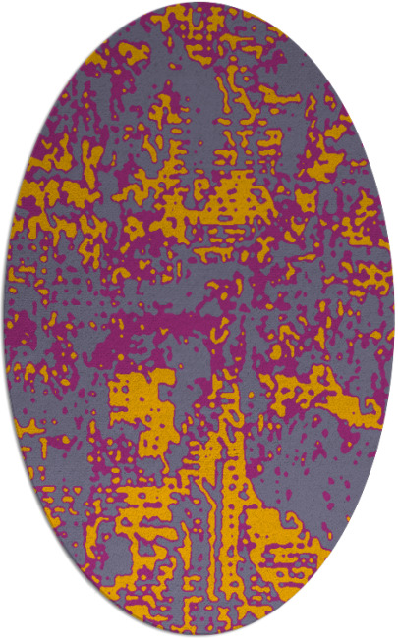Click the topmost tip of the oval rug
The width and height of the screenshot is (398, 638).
[199, 4]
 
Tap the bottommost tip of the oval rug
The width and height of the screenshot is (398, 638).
[199, 634]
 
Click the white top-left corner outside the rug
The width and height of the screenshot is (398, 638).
[15, 15]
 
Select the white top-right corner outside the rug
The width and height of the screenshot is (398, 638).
[383, 15]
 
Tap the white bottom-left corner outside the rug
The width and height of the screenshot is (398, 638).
[15, 623]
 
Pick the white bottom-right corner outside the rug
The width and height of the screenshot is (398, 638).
[383, 623]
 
